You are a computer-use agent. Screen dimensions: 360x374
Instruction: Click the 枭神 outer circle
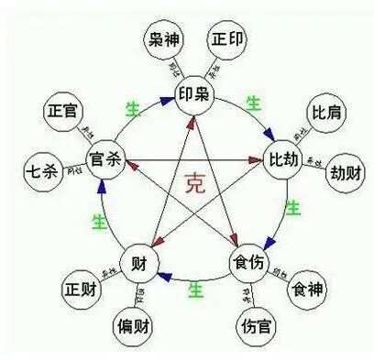[x=166, y=38]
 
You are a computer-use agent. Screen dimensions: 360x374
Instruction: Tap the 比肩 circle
[x=326, y=112]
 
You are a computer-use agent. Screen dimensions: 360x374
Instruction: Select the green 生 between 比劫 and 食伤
[x=292, y=209]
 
